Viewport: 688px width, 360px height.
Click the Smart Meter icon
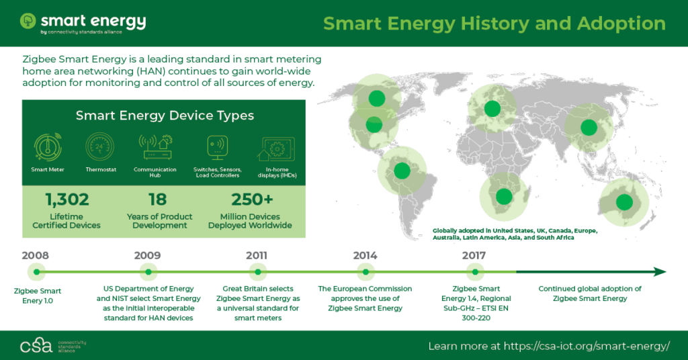(48, 147)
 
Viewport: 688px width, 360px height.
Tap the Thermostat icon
(100, 146)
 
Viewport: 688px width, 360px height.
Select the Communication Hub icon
(155, 147)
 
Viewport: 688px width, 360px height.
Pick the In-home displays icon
(276, 149)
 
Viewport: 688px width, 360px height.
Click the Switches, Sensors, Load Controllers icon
(218, 148)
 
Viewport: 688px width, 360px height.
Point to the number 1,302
(67, 200)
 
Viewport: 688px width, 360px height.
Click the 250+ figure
(252, 199)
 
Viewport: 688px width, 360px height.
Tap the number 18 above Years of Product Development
(157, 200)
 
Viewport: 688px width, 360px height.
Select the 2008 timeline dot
(36, 272)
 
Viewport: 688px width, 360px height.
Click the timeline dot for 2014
(365, 272)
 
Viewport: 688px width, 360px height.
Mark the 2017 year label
(474, 256)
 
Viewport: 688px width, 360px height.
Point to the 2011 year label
(257, 256)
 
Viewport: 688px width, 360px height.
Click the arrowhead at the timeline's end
(660, 272)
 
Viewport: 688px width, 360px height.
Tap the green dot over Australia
(624, 202)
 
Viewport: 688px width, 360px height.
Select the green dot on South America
(402, 171)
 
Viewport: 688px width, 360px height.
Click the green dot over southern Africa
(504, 196)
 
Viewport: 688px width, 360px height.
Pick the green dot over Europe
(492, 108)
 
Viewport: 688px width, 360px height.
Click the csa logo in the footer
(36, 345)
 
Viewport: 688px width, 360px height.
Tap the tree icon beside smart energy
(28, 21)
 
